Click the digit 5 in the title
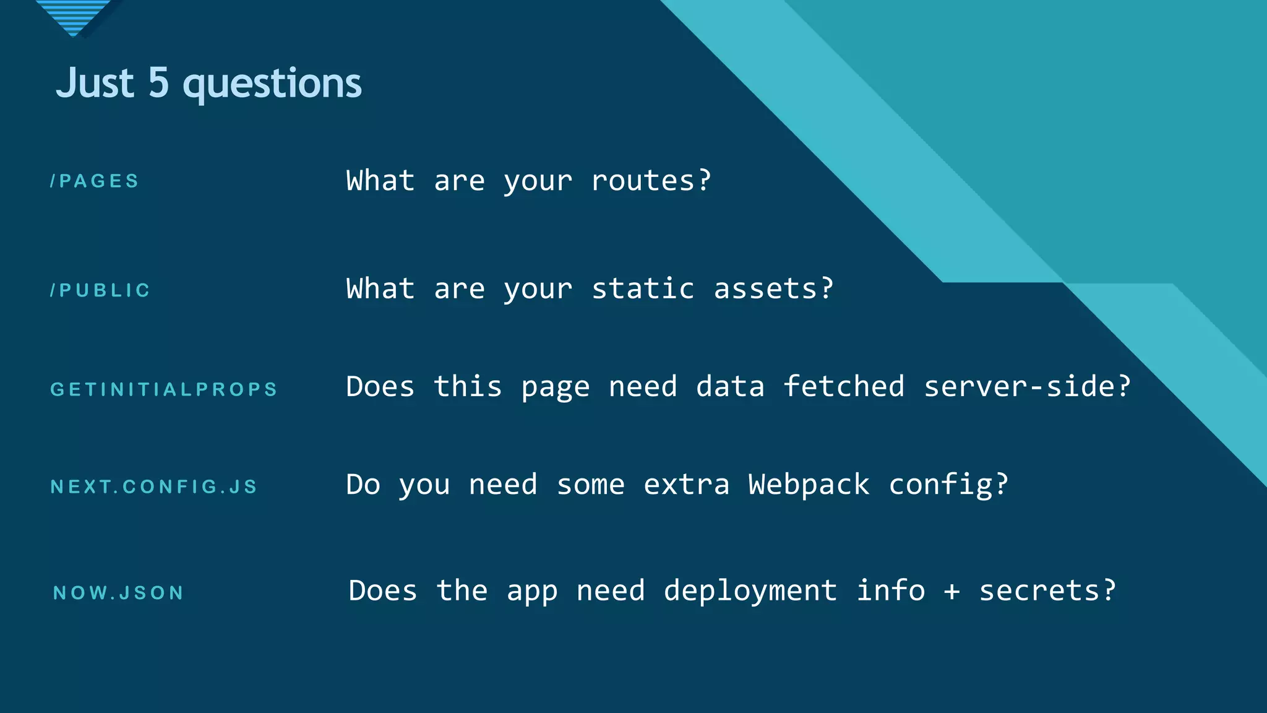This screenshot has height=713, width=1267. tap(158, 83)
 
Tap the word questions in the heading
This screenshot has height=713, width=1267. tap(272, 84)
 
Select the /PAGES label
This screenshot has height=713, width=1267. tap(95, 181)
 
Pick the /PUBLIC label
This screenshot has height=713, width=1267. tap(100, 290)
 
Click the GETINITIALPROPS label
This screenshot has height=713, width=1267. tap(164, 389)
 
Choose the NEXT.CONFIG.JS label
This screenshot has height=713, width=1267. tap(153, 487)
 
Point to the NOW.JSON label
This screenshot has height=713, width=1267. tap(119, 593)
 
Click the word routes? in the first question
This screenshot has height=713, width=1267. tap(651, 181)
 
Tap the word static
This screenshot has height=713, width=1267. tap(642, 289)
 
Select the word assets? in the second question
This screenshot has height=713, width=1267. tap(773, 289)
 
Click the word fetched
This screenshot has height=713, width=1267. tap(843, 387)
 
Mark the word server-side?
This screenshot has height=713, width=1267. tap(1027, 387)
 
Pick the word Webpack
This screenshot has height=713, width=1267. tap(809, 485)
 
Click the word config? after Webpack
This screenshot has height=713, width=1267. tap(948, 485)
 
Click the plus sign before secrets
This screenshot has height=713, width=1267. tap(952, 592)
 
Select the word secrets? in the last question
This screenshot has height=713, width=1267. tap(1047, 590)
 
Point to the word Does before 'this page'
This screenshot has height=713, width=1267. tap(380, 387)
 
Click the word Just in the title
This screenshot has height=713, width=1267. tap(95, 83)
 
